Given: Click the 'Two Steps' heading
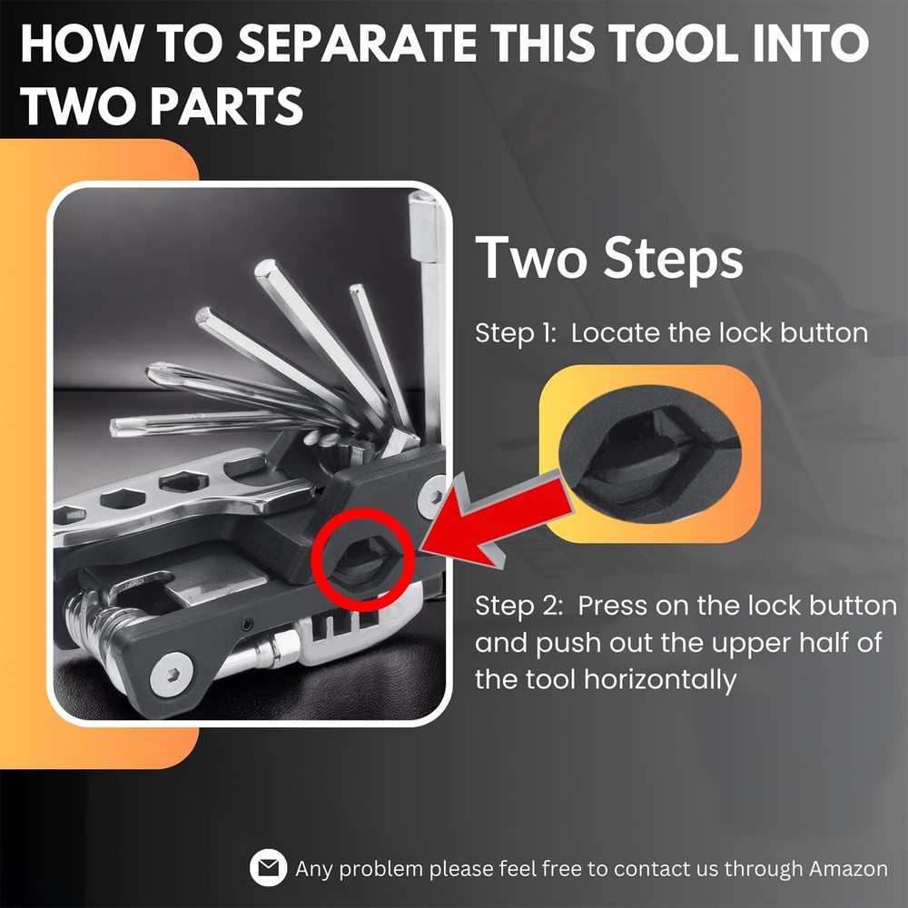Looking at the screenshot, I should (x=609, y=258).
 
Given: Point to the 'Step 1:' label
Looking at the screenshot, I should (x=514, y=333).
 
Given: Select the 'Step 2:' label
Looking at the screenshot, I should (x=518, y=606).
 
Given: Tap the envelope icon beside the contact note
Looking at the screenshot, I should (x=269, y=869).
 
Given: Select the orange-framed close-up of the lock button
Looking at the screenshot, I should (x=649, y=454).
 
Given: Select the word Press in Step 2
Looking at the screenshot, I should (x=609, y=606).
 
